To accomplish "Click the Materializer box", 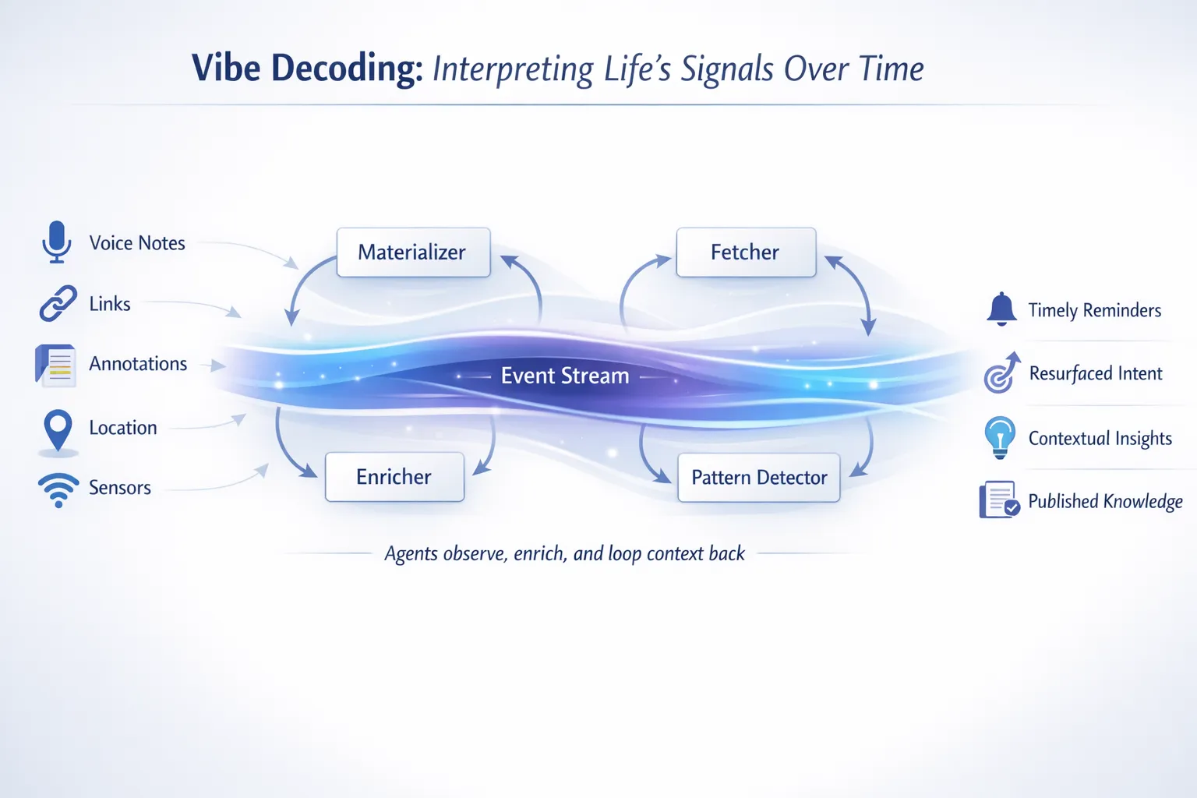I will click(x=413, y=252).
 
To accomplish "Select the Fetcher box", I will click(x=746, y=252).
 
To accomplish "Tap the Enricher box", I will click(x=394, y=477).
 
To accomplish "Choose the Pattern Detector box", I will click(x=759, y=478).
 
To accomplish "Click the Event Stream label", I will click(x=565, y=376).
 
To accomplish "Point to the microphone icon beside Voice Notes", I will click(x=57, y=242).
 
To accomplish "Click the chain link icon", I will click(x=58, y=303).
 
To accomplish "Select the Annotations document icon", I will click(x=56, y=365).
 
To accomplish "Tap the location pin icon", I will click(x=58, y=429).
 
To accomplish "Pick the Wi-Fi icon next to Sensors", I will click(x=58, y=489).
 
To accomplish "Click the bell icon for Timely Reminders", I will click(x=1001, y=309).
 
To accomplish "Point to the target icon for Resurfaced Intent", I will click(x=1001, y=374).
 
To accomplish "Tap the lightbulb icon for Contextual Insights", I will click(x=1000, y=436).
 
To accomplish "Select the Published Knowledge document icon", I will click(x=999, y=500).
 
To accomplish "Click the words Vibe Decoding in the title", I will click(x=307, y=69).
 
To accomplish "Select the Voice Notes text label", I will click(x=137, y=243).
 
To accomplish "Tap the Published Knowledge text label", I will click(x=1105, y=501).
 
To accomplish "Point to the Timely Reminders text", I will click(x=1094, y=310).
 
